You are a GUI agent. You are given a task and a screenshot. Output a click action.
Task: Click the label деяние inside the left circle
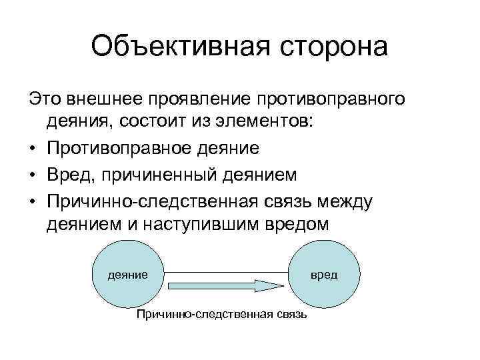[129, 274]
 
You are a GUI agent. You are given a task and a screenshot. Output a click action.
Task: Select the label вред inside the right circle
[325, 274]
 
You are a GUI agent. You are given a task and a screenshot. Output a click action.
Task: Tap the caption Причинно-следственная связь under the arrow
[221, 313]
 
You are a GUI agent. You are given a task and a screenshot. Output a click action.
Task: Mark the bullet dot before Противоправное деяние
[33, 149]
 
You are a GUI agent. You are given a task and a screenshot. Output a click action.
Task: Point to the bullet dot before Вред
[33, 174]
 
